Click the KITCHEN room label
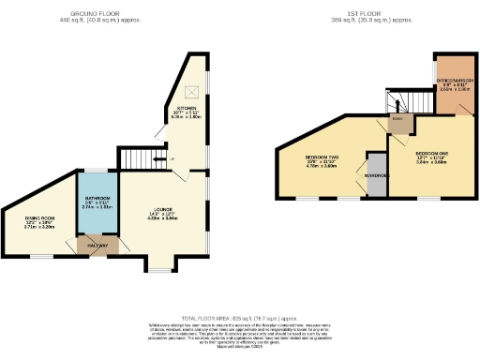[x=185, y=109]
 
